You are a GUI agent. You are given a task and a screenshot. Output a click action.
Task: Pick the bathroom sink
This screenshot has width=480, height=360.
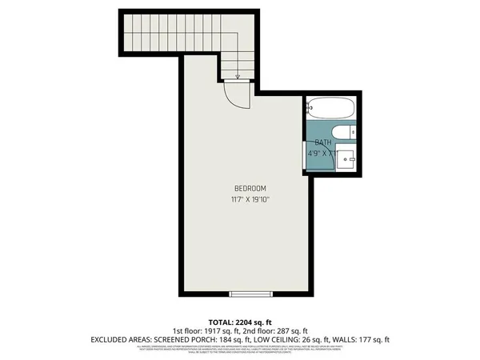coord(347,158)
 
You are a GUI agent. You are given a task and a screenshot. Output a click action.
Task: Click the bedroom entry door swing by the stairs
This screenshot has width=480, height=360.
coord(238,97)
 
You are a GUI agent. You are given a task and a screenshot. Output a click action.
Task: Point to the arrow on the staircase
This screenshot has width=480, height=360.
coord(238,77)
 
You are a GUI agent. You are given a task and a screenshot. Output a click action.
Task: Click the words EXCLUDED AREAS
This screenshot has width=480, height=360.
coord(120,339)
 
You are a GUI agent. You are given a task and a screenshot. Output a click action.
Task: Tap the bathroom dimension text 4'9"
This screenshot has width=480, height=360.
coord(315,152)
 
